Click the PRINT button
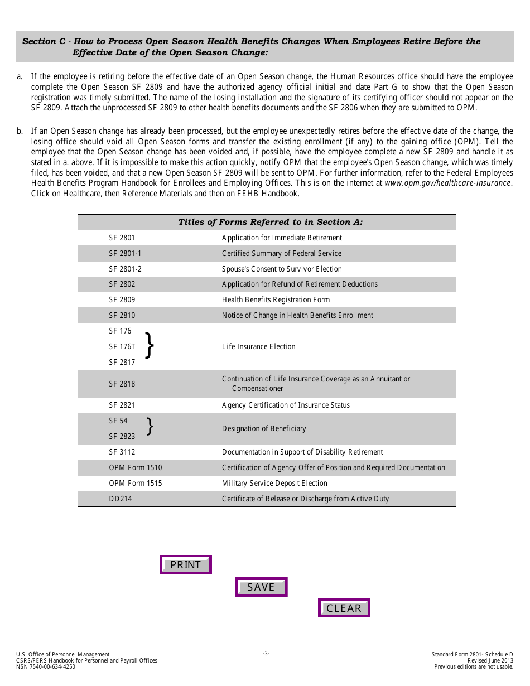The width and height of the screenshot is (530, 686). point(185,564)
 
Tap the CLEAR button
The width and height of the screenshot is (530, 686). point(344,608)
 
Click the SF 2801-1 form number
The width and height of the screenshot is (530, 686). point(125,253)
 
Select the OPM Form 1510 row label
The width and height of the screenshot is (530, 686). point(136,467)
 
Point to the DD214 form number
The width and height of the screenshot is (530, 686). point(121,499)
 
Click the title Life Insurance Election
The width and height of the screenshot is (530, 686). point(258,346)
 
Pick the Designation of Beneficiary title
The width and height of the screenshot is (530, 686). point(264,428)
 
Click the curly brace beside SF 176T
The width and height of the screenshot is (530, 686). point(149,346)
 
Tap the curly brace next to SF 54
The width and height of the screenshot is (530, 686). point(150,427)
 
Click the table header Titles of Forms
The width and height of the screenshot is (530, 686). point(270,222)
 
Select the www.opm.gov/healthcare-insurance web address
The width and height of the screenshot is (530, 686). point(447,183)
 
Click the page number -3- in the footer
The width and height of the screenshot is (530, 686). point(266,653)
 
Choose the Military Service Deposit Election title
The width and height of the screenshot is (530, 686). point(274,483)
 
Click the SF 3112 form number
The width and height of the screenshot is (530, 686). point(122,452)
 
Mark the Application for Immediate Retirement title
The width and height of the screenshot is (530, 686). point(282,238)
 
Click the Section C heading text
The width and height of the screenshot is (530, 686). point(251,46)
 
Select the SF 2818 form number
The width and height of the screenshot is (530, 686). point(122,384)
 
